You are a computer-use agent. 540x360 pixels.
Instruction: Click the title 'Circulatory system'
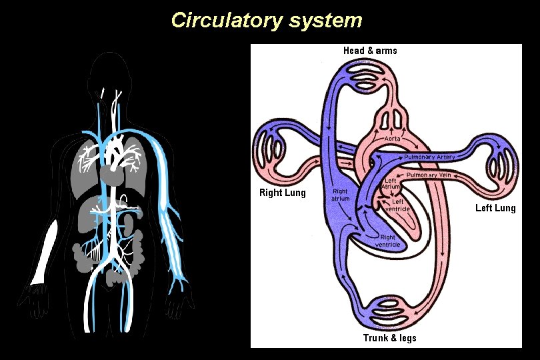point(267,20)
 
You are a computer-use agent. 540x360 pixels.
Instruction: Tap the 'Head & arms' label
point(370,51)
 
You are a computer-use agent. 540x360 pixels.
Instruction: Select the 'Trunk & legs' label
point(389,338)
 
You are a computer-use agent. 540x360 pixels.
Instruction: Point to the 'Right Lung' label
point(282,193)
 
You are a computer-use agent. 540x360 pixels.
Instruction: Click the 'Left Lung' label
point(495,209)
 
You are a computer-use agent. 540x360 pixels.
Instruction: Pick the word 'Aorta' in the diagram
point(393,138)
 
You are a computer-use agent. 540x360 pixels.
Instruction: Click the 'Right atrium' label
point(341,193)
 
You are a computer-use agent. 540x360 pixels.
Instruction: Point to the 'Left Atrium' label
point(391,183)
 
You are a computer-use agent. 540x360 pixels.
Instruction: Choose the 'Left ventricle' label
point(397,205)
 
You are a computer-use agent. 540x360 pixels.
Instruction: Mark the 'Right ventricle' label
point(387,241)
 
